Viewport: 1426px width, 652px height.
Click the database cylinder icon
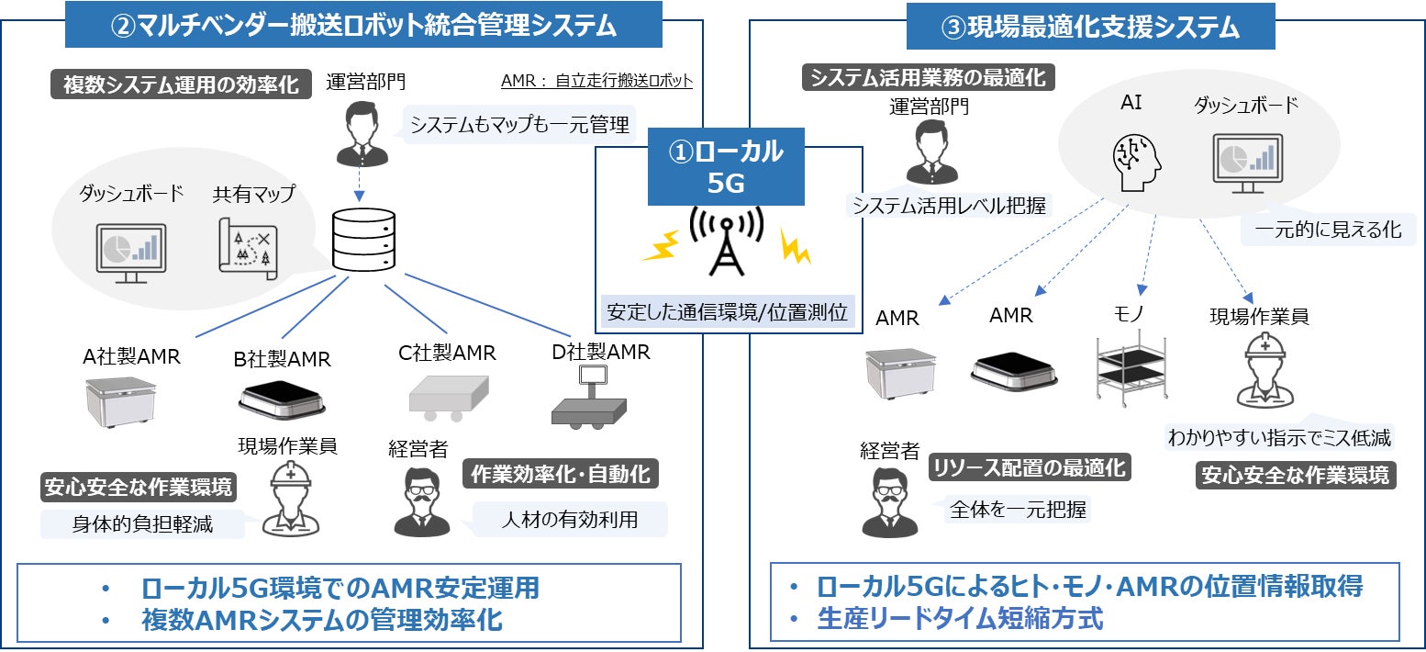click(363, 239)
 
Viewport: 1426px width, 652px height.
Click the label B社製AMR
click(282, 359)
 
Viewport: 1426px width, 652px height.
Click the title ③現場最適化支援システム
click(1090, 28)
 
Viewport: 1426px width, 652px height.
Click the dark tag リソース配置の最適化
click(1028, 467)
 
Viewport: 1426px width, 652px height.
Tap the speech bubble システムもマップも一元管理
click(519, 125)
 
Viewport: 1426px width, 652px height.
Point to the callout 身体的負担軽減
click(142, 524)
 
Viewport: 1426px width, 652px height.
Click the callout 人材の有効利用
click(570, 520)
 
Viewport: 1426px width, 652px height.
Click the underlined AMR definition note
click(596, 81)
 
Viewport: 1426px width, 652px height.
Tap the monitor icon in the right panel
click(1245, 160)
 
